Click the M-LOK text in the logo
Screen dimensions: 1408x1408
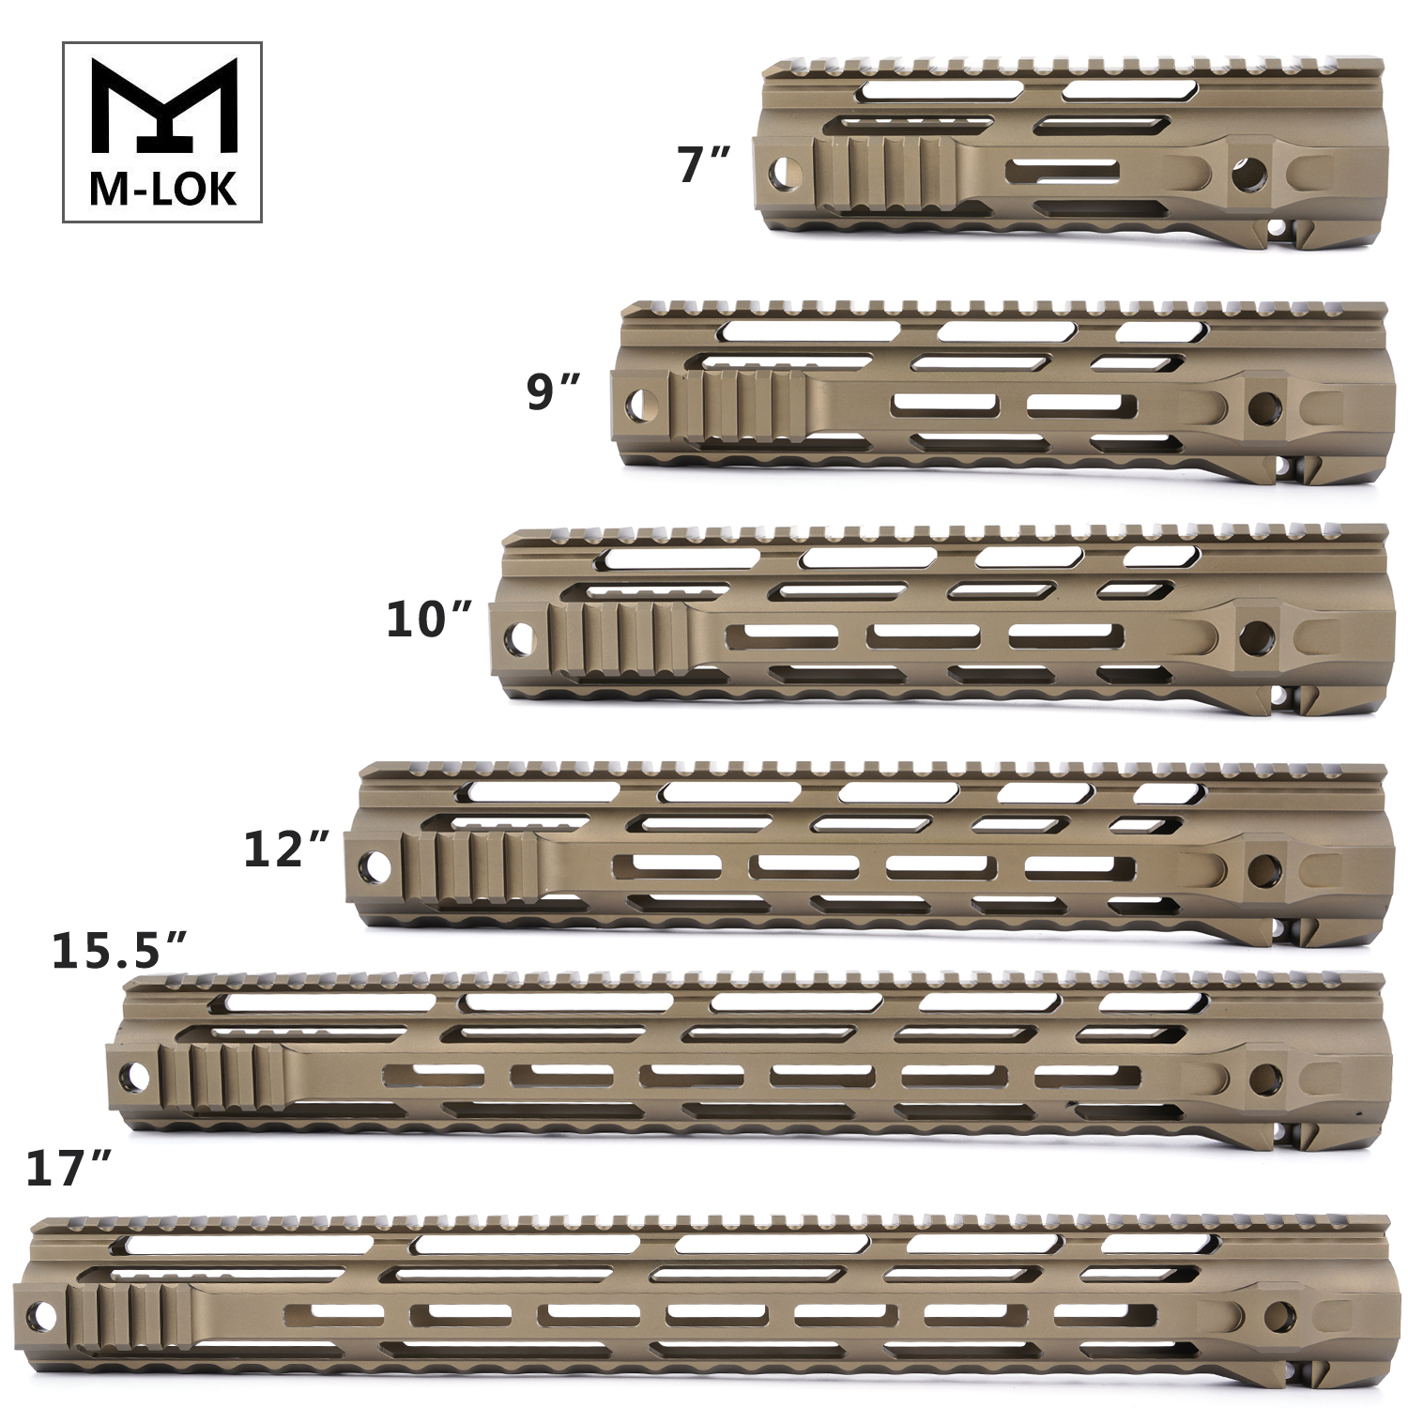(x=162, y=190)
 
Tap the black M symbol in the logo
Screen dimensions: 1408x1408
(x=162, y=105)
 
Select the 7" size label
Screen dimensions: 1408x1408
(x=702, y=164)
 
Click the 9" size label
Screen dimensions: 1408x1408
(x=553, y=391)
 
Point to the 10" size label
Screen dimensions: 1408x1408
(x=429, y=620)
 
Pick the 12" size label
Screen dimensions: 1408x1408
(x=286, y=849)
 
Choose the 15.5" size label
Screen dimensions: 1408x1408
(x=119, y=950)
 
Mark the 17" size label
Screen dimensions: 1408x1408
(x=69, y=1169)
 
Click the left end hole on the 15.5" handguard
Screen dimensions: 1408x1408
(x=135, y=1076)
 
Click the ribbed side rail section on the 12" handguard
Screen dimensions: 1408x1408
(x=470, y=865)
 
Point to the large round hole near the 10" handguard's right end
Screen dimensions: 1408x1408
(x=1256, y=637)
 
